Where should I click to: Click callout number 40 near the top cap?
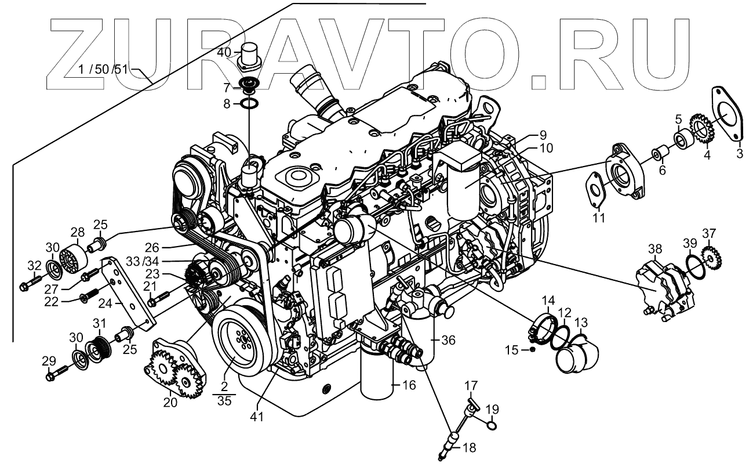point(225,52)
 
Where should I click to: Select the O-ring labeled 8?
point(250,104)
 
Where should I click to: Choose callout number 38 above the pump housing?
point(654,250)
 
